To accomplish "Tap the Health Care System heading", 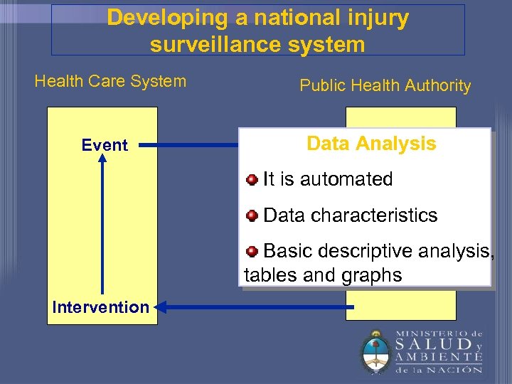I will [x=110, y=81].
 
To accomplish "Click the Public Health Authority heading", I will [x=385, y=86].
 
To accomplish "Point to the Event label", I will [x=105, y=145].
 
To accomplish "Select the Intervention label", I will [x=100, y=307].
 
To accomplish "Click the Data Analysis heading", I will [x=371, y=144].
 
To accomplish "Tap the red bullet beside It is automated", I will [x=252, y=179].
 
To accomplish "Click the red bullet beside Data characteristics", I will [x=252, y=215].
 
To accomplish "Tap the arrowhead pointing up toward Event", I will [x=103, y=160].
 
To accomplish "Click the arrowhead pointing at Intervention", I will [x=160, y=307].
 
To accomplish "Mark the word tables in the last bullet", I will [x=271, y=275].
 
